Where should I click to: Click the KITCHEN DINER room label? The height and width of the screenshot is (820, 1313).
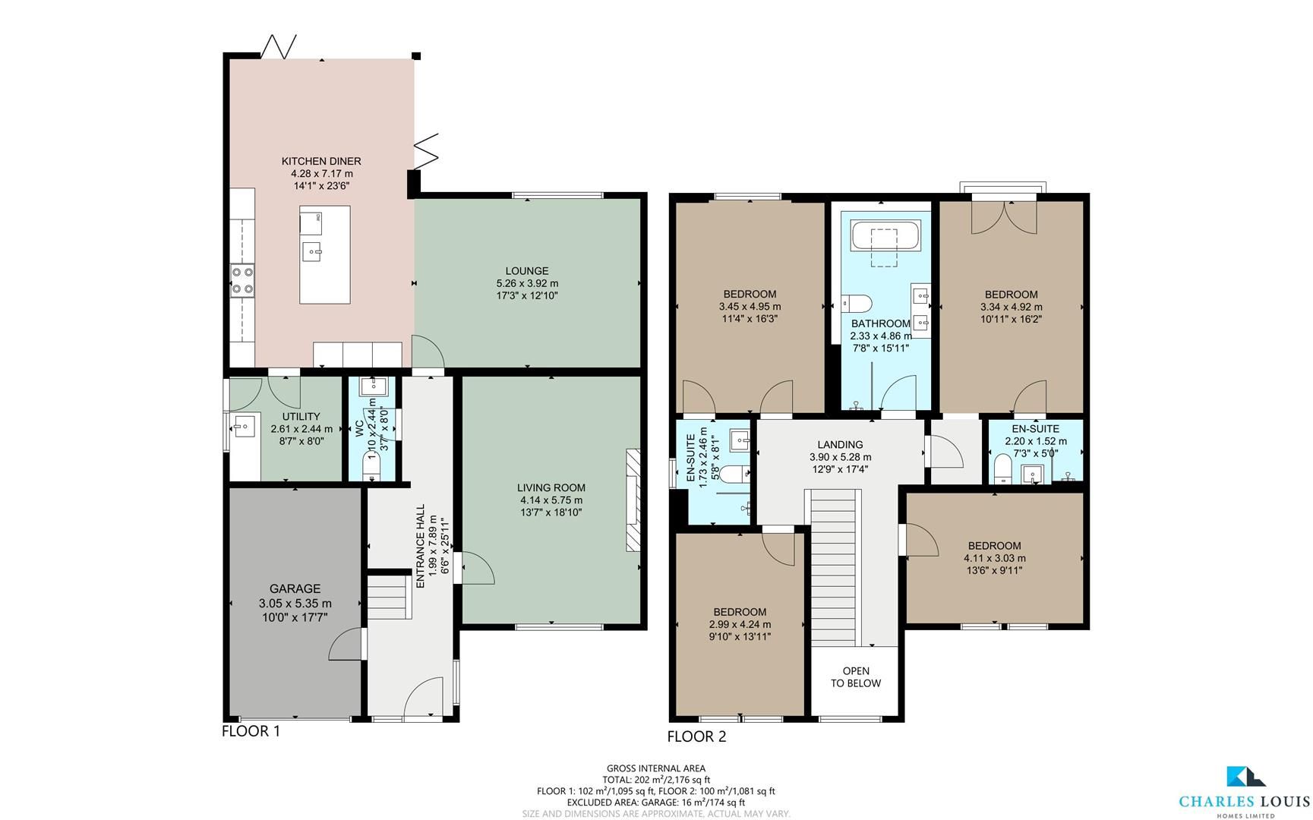click(x=321, y=161)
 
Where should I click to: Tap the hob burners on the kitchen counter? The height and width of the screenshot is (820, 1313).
click(x=243, y=280)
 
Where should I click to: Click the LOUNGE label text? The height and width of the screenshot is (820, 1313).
click(x=526, y=271)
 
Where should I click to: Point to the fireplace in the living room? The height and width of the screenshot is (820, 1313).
click(x=633, y=500)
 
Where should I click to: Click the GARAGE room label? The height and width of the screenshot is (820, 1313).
click(x=295, y=588)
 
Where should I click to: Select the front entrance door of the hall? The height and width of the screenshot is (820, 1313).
click(x=422, y=697)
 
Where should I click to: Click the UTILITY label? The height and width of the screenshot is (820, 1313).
click(x=301, y=417)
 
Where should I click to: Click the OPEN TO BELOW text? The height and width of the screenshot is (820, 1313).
click(x=856, y=677)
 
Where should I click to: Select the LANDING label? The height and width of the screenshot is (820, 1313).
click(x=840, y=445)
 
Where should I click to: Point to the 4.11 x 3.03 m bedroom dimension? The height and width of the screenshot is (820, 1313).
click(x=994, y=558)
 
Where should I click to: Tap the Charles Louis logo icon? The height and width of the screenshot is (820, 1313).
click(x=1245, y=797)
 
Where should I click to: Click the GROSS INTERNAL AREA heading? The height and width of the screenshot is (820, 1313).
click(x=655, y=768)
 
